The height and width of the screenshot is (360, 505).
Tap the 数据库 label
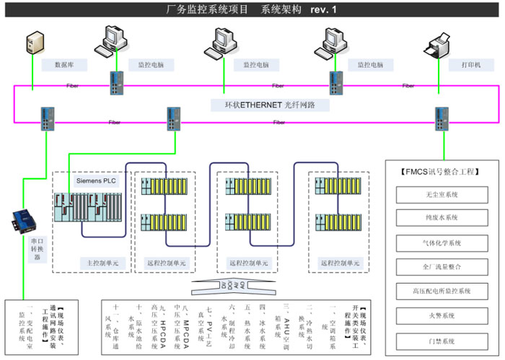(74, 65)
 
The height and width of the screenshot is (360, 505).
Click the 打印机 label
(472, 65)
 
